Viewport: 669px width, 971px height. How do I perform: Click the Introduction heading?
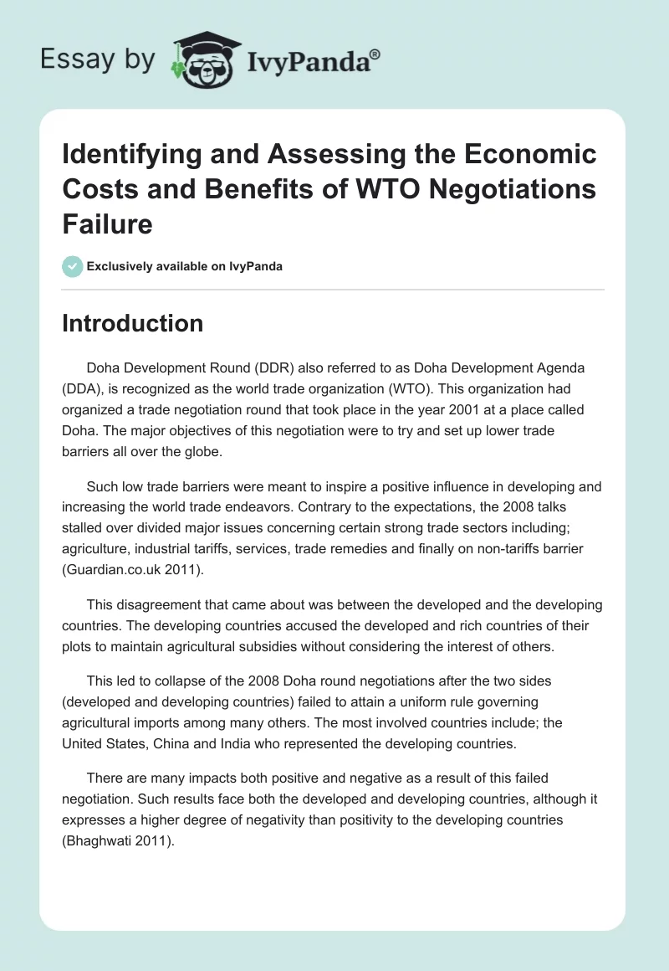(132, 323)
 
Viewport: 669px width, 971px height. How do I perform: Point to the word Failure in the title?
(106, 223)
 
